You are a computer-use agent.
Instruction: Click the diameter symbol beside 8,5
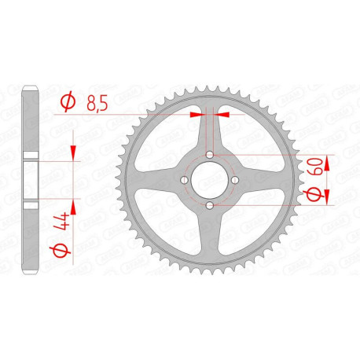[68, 101]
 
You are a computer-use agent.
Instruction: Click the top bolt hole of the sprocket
[209, 154]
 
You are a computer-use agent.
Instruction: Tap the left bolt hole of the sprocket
[183, 180]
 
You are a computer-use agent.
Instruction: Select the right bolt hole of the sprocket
[235, 180]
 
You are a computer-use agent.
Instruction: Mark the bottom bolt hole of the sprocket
[209, 206]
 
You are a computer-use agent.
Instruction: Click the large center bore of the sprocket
[209, 180]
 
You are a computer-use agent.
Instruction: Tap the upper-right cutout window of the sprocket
[250, 139]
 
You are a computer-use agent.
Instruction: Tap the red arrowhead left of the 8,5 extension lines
[195, 114]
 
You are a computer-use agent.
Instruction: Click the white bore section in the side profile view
[31, 180]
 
